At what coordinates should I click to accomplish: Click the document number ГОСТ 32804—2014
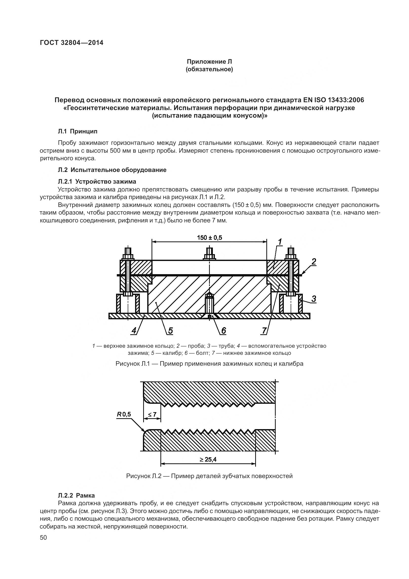pyautogui.click(x=71, y=43)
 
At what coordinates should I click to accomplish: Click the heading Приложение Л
pyautogui.click(x=209, y=62)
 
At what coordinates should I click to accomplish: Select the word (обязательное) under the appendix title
pyautogui.click(x=209, y=69)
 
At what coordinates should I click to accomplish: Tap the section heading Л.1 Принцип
pyautogui.click(x=78, y=131)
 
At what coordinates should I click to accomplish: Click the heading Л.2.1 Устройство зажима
pyautogui.click(x=97, y=181)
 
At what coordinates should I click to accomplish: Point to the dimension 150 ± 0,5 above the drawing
pyautogui.click(x=209, y=238)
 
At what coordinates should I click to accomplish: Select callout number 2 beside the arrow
pyautogui.click(x=314, y=261)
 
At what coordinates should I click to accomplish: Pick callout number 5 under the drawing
pyautogui.click(x=170, y=330)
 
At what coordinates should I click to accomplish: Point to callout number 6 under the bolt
pyautogui.click(x=224, y=330)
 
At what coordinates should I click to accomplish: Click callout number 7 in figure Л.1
pyautogui.click(x=264, y=330)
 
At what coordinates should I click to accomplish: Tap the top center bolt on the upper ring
pyautogui.click(x=209, y=254)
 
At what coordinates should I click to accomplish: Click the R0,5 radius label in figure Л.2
pyautogui.click(x=124, y=414)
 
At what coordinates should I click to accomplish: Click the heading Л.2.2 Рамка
pyautogui.click(x=76, y=502)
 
